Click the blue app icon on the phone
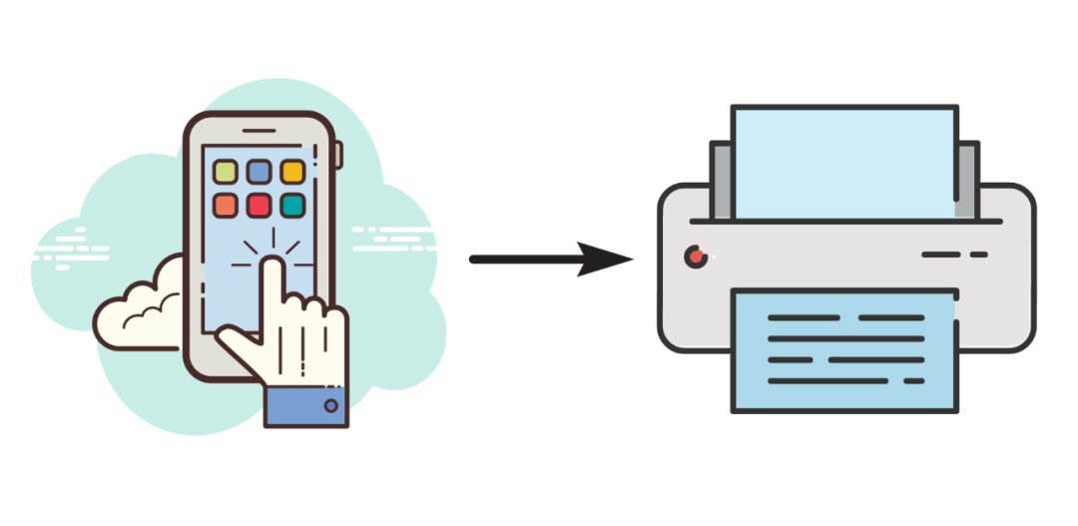tap(260, 172)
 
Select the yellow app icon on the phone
tap(292, 172)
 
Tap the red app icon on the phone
tap(260, 206)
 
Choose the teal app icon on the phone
tap(292, 206)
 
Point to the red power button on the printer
tap(695, 257)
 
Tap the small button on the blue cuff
tap(330, 406)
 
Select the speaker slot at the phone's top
tap(260, 130)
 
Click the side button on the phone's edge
tap(338, 155)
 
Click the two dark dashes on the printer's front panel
tap(953, 255)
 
